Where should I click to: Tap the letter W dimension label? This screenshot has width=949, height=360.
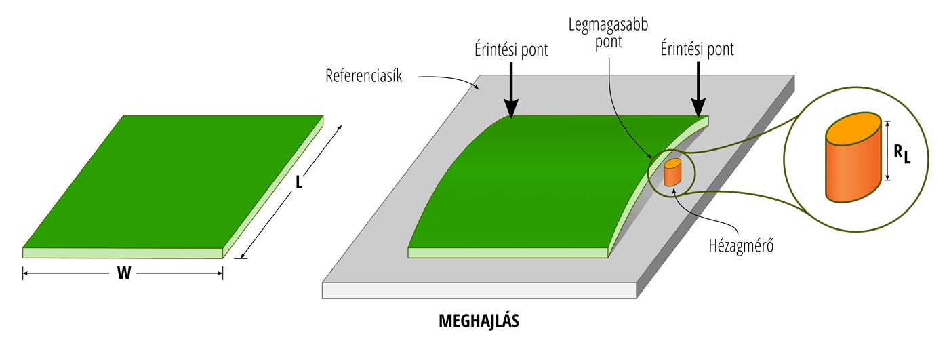click(x=123, y=273)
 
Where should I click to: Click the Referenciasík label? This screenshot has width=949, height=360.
click(x=364, y=75)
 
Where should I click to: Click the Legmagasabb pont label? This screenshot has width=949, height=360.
click(x=608, y=33)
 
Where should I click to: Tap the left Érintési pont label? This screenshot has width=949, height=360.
click(x=512, y=49)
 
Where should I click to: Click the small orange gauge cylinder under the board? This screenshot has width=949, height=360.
click(x=672, y=174)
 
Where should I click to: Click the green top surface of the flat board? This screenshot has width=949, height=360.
click(x=169, y=183)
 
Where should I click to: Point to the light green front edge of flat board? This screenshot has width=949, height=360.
click(x=123, y=253)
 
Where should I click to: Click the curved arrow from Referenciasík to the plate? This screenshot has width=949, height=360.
click(x=451, y=80)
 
